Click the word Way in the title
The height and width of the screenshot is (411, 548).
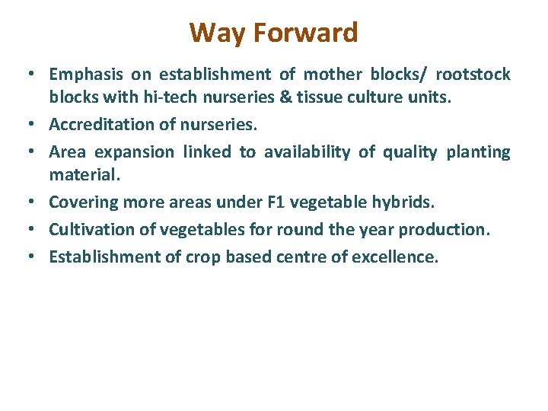215,33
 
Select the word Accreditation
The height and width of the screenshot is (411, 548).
104,126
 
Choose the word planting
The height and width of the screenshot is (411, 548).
478,152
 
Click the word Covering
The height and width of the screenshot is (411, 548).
81,202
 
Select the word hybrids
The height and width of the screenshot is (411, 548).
410,202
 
